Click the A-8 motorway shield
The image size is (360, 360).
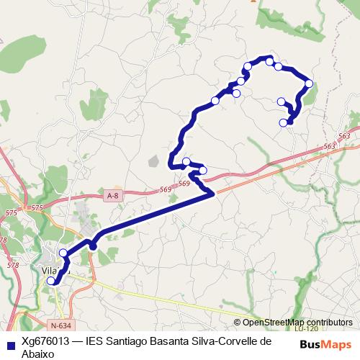[112, 195]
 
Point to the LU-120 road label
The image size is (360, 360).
[305, 329]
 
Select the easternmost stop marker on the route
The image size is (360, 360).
[309, 84]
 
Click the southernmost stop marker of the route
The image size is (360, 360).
[50, 282]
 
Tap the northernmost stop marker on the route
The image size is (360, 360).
[270, 62]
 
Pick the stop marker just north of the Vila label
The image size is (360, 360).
[63, 253]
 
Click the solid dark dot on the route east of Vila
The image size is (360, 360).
[93, 247]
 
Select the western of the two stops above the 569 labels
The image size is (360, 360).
[186, 161]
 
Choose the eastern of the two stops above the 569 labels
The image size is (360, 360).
[202, 170]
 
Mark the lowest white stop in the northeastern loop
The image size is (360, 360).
[283, 122]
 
